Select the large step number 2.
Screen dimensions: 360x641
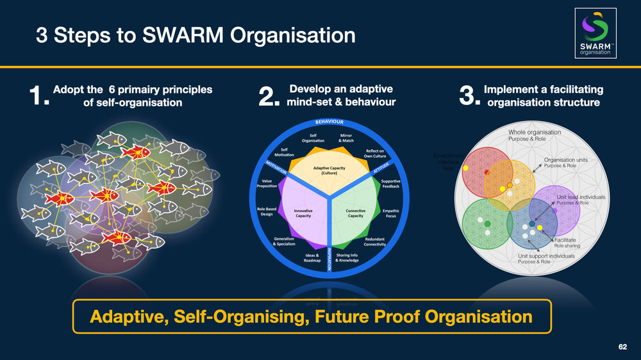[269, 98]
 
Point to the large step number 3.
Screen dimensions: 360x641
[470, 98]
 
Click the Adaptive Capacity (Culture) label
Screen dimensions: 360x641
[329, 171]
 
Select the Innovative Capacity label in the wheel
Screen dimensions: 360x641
[303, 213]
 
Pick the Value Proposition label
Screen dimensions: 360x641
[267, 184]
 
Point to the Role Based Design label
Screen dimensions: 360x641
[267, 211]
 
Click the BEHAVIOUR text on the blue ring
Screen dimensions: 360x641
[329, 122]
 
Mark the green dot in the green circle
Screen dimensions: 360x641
[487, 223]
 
